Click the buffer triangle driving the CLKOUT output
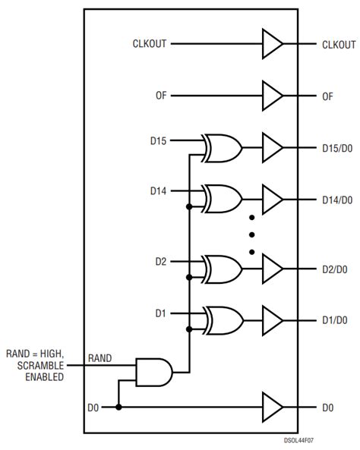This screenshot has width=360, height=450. (270, 44)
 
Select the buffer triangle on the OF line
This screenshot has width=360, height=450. (270, 96)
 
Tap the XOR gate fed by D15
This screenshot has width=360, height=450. (223, 146)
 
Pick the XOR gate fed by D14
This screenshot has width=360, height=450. (223, 199)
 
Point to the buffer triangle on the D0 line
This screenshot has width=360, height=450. (270, 408)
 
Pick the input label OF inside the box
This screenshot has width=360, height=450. (160, 96)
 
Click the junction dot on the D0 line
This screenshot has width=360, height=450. (118, 408)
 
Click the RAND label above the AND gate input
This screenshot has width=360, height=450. (100, 357)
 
